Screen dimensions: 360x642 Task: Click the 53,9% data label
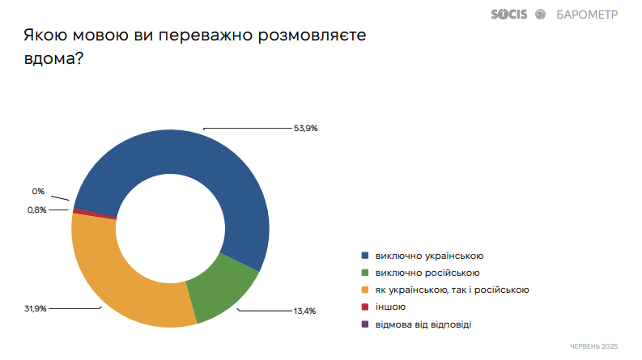click(305, 128)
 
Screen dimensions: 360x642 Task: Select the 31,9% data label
click(36, 308)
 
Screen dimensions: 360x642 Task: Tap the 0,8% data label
click(37, 210)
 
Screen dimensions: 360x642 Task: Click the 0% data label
click(38, 192)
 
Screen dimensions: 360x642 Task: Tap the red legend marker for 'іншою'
click(365, 307)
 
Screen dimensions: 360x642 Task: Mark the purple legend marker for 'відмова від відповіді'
click(365, 324)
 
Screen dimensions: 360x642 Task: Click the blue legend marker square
click(365, 256)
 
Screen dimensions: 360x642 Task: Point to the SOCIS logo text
click(509, 14)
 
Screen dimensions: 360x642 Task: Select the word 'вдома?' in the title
click(53, 59)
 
